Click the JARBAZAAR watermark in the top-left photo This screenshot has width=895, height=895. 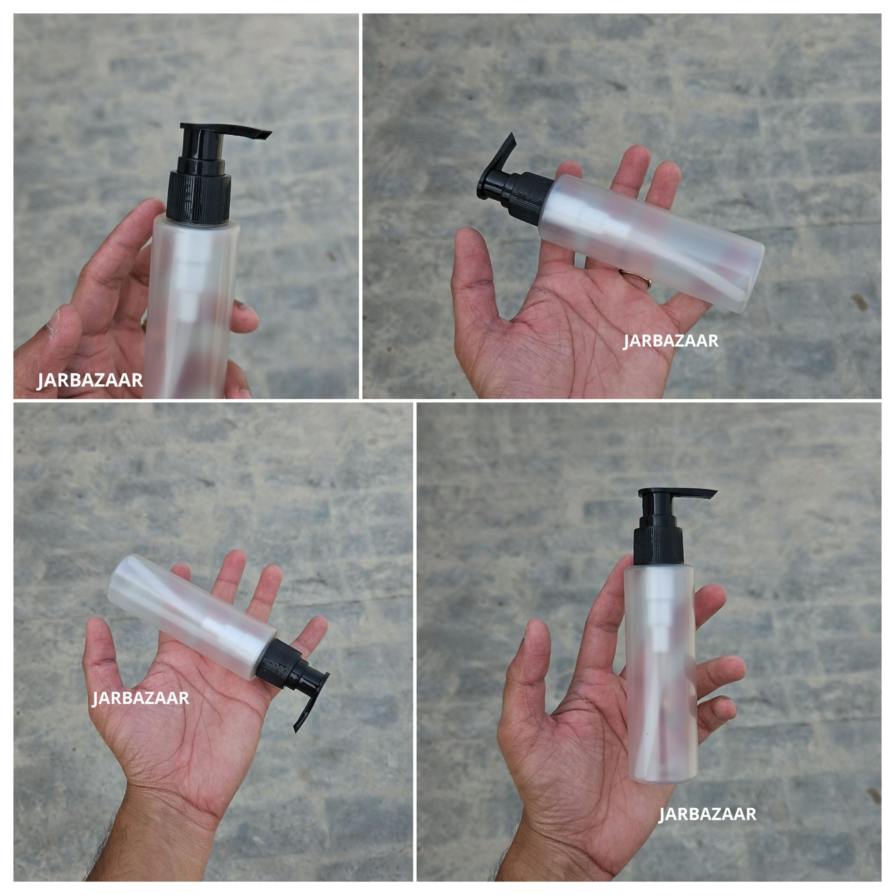(x=90, y=380)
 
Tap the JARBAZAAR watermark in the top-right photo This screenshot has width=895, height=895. (x=670, y=341)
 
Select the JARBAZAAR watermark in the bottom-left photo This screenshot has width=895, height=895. (x=140, y=698)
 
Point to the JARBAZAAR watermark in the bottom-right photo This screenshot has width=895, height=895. (x=707, y=814)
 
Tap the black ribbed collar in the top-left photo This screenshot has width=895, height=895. (x=199, y=197)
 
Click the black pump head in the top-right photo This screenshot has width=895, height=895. (x=498, y=174)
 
